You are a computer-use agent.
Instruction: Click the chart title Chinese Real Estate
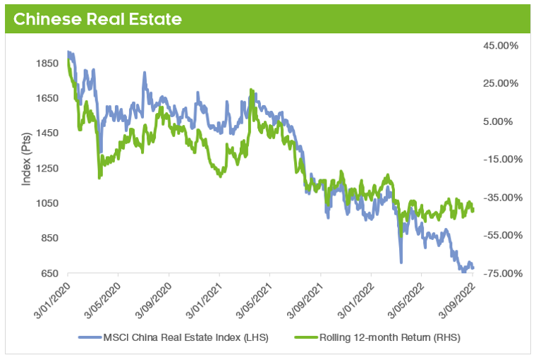point(97,19)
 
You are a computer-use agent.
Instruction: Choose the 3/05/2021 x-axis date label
point(255,298)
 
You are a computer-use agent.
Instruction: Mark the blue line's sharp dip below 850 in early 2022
point(401,262)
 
